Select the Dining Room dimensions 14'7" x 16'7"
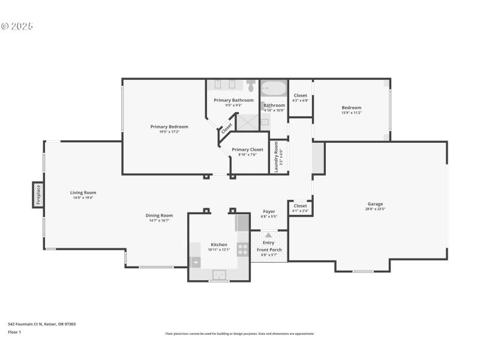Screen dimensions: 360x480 (x=159, y=221)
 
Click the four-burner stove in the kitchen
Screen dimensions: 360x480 (x=243, y=250)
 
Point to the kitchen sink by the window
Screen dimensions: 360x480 (x=219, y=275)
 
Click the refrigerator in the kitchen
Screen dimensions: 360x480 (x=242, y=223)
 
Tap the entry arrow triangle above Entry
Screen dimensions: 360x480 (x=268, y=235)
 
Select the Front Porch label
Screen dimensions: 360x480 (x=269, y=250)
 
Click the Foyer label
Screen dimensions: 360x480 (x=269, y=211)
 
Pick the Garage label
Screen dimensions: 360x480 (x=376, y=204)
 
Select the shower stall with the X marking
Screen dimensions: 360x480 (x=248, y=122)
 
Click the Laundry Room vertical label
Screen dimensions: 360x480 (x=277, y=157)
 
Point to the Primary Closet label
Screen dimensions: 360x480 (x=247, y=149)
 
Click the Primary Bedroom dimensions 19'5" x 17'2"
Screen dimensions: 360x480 (x=169, y=131)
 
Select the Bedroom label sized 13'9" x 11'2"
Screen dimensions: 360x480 (x=351, y=107)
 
